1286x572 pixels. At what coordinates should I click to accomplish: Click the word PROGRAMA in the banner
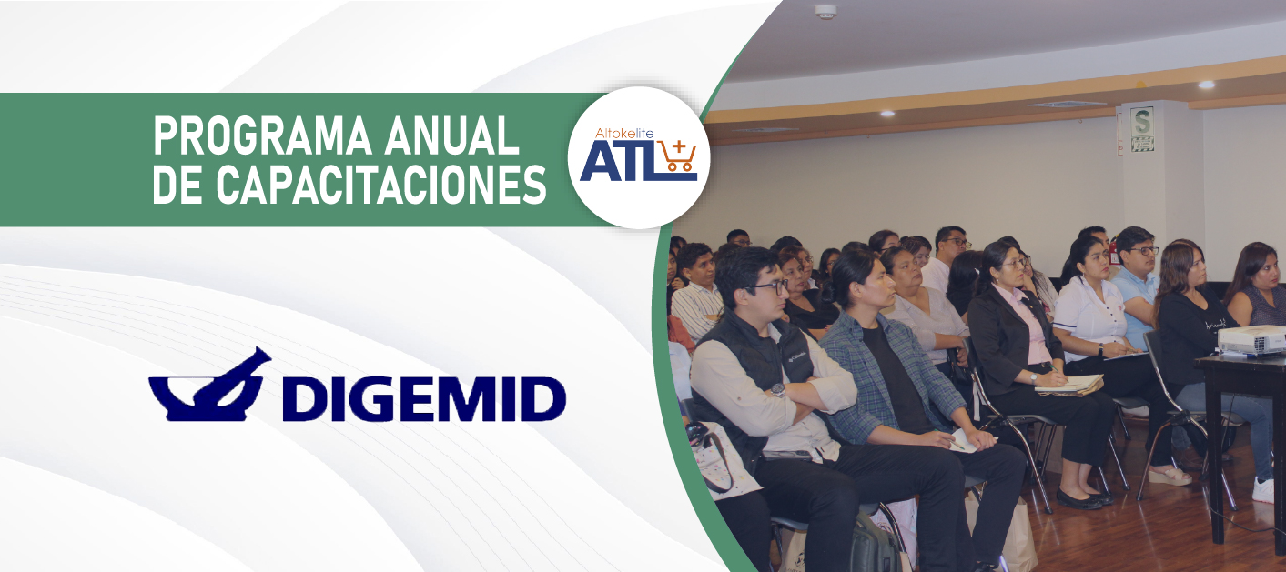point(262,135)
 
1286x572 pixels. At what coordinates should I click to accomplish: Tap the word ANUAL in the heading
point(452,135)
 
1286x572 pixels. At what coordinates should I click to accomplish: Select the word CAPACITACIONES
point(381,185)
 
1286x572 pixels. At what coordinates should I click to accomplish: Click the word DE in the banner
point(177,185)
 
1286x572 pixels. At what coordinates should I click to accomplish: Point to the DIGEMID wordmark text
point(424,399)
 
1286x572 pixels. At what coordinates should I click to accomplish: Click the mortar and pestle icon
point(210,385)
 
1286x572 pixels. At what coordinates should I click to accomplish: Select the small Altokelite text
point(624,133)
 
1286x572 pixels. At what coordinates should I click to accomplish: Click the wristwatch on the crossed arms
point(778,390)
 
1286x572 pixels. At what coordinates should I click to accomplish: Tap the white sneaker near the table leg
point(1263,490)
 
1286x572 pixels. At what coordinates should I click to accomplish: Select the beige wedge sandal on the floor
point(1169,476)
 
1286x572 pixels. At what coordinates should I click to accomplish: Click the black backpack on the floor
point(874,543)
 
